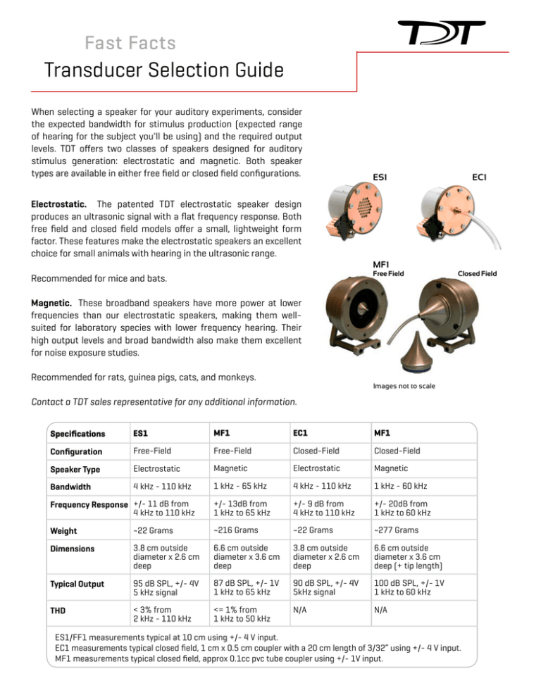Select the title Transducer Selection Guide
[x=163, y=72]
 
